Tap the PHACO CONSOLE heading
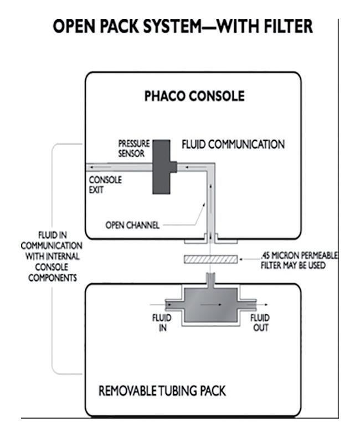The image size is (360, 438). (194, 96)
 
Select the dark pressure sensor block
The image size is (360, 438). (162, 166)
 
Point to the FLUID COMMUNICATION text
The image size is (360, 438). (233, 145)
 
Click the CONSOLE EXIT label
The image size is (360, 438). (105, 185)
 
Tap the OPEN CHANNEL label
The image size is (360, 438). (132, 225)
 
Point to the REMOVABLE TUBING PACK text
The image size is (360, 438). (162, 391)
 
